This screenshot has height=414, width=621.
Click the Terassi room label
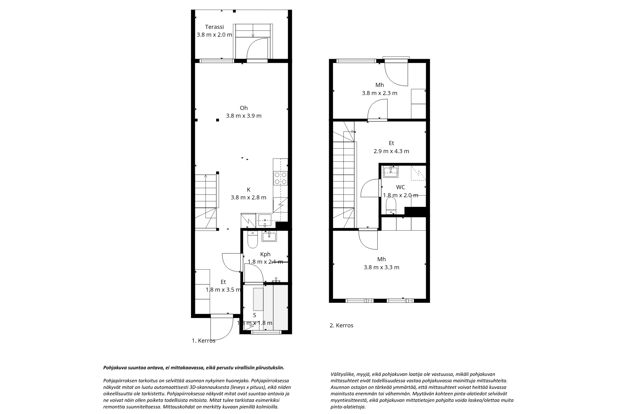point(214,27)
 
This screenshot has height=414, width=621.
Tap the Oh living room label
point(244,108)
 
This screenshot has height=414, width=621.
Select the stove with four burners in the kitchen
point(280,178)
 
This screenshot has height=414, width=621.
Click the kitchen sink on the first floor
point(265,220)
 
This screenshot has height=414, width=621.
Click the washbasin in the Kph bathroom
point(269,236)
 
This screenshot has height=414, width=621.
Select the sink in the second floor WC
point(391,172)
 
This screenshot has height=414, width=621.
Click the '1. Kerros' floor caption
point(204,341)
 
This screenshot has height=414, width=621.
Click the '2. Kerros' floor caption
point(342,325)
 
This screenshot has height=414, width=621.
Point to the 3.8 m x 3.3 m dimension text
point(382,267)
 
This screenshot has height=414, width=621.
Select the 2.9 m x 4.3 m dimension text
point(391,151)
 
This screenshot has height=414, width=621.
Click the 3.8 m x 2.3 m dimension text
point(380,93)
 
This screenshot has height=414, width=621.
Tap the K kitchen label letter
point(248,190)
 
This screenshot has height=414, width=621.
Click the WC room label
point(401,187)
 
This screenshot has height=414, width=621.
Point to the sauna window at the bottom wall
point(266,332)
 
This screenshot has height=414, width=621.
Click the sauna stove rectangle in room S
point(258,299)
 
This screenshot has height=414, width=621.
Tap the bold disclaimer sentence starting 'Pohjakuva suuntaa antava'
point(193,368)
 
